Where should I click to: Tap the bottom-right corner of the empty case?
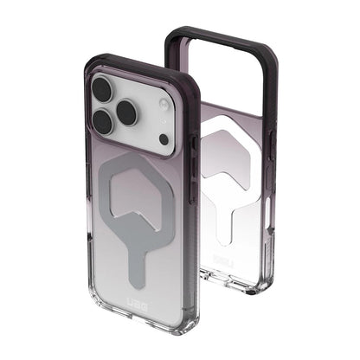(x=251, y=279)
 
